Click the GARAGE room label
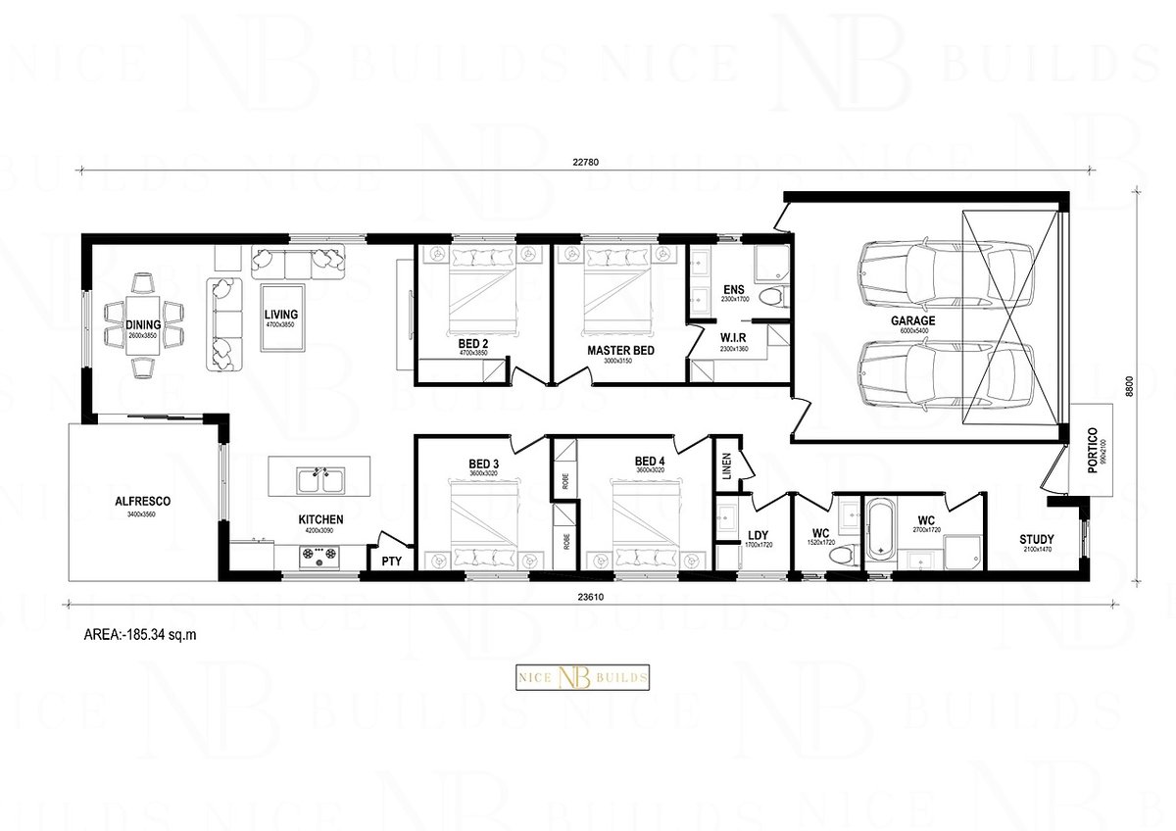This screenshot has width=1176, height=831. point(912,320)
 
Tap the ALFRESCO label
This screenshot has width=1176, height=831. point(143,501)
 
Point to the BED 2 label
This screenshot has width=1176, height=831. point(472,344)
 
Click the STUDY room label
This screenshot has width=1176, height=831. point(1036,540)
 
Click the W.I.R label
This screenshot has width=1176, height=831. point(733,339)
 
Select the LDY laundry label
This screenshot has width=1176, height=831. point(758,535)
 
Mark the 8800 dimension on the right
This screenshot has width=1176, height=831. point(1130,387)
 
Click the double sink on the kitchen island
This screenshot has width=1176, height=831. point(321,480)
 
